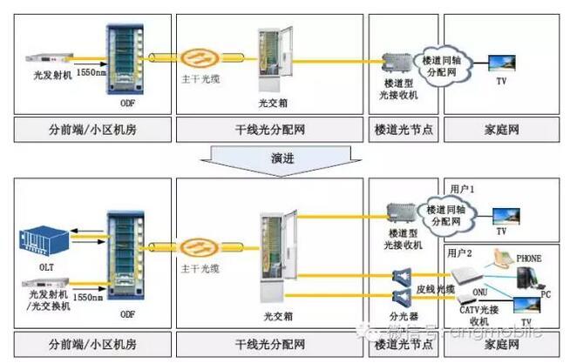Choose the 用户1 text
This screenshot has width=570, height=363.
coord(461,188)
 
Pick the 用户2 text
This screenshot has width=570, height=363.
coord(461,252)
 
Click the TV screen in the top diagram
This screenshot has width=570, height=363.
coord(501,63)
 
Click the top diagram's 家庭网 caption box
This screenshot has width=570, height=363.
coord(501,130)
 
